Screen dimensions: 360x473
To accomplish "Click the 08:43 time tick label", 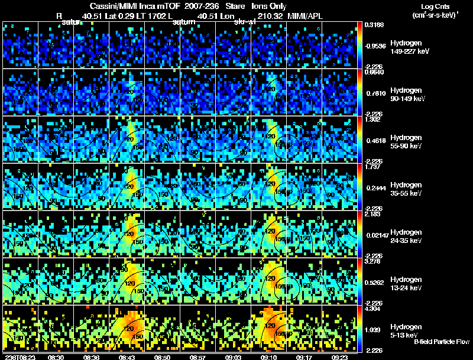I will [x=128, y=357].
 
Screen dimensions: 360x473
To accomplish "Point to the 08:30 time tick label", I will [x=56, y=357].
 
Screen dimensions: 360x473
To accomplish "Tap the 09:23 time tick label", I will [x=341, y=357].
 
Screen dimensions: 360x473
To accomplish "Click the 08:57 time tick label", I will [x=199, y=357].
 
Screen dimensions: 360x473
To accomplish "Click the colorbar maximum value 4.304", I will [x=372, y=309].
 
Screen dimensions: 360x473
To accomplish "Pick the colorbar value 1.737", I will [x=372, y=167].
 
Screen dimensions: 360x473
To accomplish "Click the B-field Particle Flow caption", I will [x=442, y=342].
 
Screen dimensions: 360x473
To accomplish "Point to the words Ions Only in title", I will [x=269, y=6].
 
